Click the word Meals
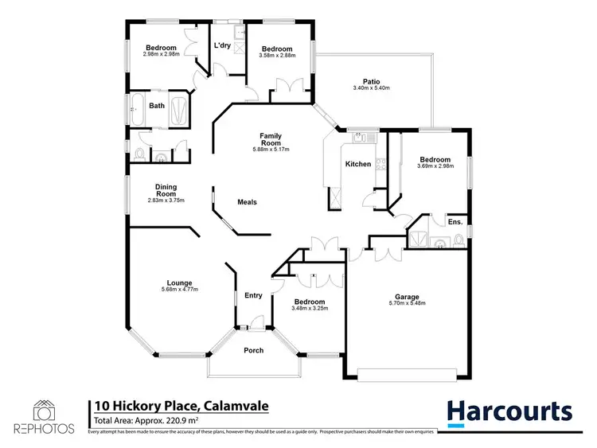tap(248, 202)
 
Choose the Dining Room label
tap(166, 191)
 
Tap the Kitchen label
tap(357, 164)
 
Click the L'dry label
tap(222, 45)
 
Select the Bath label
tap(158, 105)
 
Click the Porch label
tap(253, 350)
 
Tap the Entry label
tap(253, 295)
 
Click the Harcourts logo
tap(509, 411)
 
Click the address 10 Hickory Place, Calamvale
tap(181, 407)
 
